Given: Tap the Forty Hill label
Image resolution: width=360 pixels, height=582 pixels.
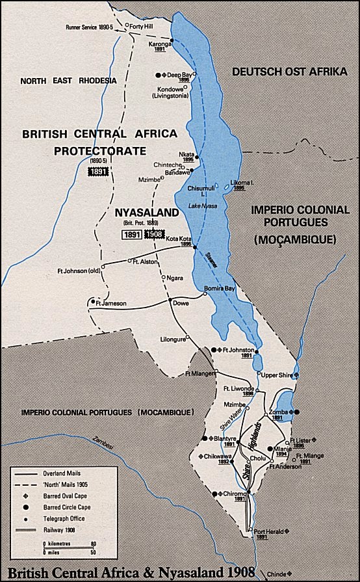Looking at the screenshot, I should [x=143, y=26].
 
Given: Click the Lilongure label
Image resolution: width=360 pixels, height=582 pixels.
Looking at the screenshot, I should [x=172, y=339].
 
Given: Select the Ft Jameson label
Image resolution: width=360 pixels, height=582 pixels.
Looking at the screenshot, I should [x=110, y=302].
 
